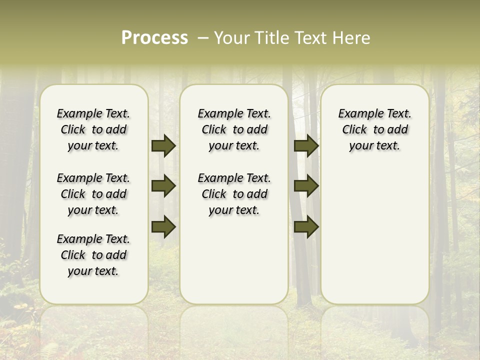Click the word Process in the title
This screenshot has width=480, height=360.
[x=154, y=38]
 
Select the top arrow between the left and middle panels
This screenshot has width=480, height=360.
[x=163, y=146]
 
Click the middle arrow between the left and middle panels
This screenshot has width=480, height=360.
[x=163, y=186]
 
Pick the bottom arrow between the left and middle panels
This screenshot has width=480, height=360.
[x=163, y=226]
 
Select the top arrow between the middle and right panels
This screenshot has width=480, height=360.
[x=306, y=146]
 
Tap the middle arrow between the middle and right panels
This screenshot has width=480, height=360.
[x=306, y=186]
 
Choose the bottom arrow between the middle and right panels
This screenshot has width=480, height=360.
[x=306, y=226]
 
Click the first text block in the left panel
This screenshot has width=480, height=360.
[x=93, y=130]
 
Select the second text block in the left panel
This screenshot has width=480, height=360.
[x=93, y=194]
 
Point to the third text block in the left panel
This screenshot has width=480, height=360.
[x=93, y=255]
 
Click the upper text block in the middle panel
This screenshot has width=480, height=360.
[x=234, y=130]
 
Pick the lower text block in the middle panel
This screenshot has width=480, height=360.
[x=234, y=194]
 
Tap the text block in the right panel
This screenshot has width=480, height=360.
[x=374, y=130]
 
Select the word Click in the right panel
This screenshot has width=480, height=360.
[x=354, y=130]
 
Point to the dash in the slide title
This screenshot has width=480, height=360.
[x=202, y=38]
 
